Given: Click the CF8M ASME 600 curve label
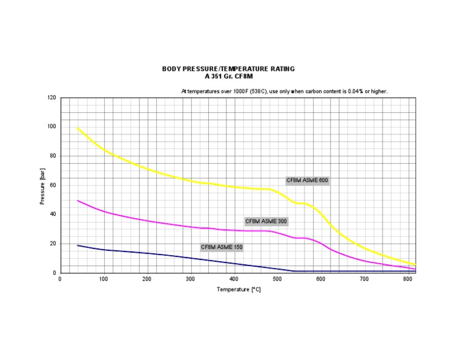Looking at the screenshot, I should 308,181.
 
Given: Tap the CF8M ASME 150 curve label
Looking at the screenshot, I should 222,247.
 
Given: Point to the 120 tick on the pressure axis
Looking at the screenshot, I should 51,98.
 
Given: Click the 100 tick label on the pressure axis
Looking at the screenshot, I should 51,127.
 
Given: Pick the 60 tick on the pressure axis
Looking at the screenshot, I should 53,185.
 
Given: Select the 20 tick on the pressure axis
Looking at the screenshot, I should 53,244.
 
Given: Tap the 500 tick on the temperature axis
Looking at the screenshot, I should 277,279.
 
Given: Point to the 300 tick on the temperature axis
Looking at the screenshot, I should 190,279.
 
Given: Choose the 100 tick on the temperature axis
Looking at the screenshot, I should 104,279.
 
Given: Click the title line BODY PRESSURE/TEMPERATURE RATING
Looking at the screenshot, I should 228,69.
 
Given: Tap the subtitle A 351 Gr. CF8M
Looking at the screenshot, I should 228,76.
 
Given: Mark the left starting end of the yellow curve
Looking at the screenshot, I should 77,127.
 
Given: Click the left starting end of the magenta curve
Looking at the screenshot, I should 77,200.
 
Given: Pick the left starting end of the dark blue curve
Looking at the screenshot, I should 77,245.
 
